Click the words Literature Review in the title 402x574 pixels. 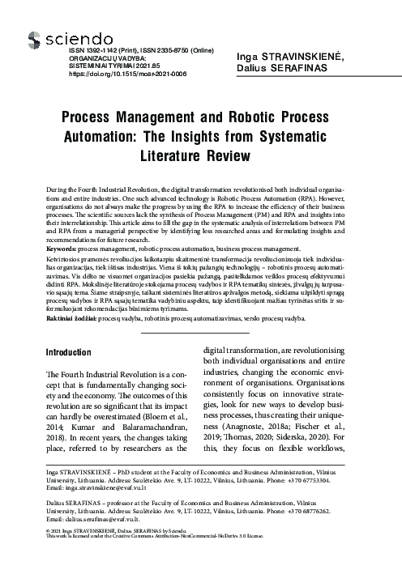200,153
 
